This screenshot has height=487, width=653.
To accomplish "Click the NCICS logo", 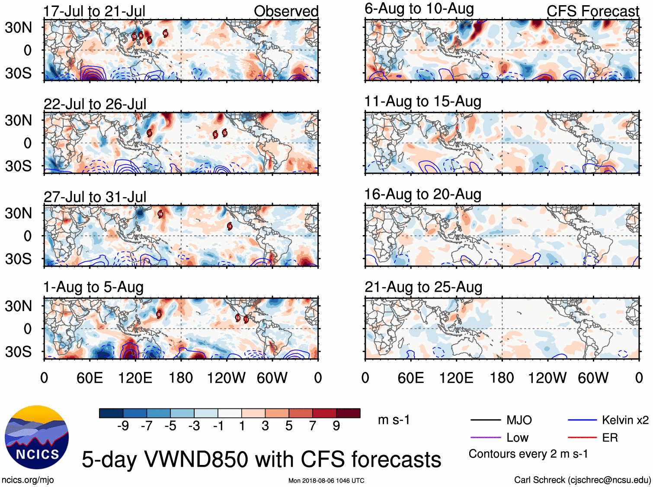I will pos(37,437).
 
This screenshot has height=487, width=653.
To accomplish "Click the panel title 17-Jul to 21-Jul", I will pos(94,11).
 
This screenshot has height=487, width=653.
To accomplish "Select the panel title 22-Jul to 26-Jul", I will pos(95,104).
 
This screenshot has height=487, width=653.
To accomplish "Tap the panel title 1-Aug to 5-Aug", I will pos(93,287).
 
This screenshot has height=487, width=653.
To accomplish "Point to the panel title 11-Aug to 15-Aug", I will pos(423,102).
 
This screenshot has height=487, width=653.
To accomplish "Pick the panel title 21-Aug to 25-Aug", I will pos(423,287).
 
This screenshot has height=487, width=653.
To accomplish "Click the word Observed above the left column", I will pos(286,11).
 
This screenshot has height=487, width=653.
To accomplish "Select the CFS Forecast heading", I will pos(592,11).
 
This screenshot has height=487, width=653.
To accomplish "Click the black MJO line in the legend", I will pos(485,420).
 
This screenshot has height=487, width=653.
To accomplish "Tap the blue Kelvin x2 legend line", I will pos(582,420).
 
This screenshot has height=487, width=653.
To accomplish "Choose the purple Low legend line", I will pos(485,438).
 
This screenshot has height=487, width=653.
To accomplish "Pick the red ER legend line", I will pos(582,438).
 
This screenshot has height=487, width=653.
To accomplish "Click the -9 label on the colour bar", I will pos(123,426).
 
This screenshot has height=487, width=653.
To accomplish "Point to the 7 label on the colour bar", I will pos(313,426).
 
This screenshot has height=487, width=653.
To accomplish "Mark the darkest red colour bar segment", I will pos(348,413).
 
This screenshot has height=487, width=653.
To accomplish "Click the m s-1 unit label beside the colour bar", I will pos(394,420).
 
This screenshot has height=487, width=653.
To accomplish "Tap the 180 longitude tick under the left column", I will pos(181,378).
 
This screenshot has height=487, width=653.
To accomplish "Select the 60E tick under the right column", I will pos(410,378).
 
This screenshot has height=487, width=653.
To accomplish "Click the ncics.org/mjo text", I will pos(28,480).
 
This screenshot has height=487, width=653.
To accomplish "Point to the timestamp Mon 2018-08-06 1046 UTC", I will pos(326,481).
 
